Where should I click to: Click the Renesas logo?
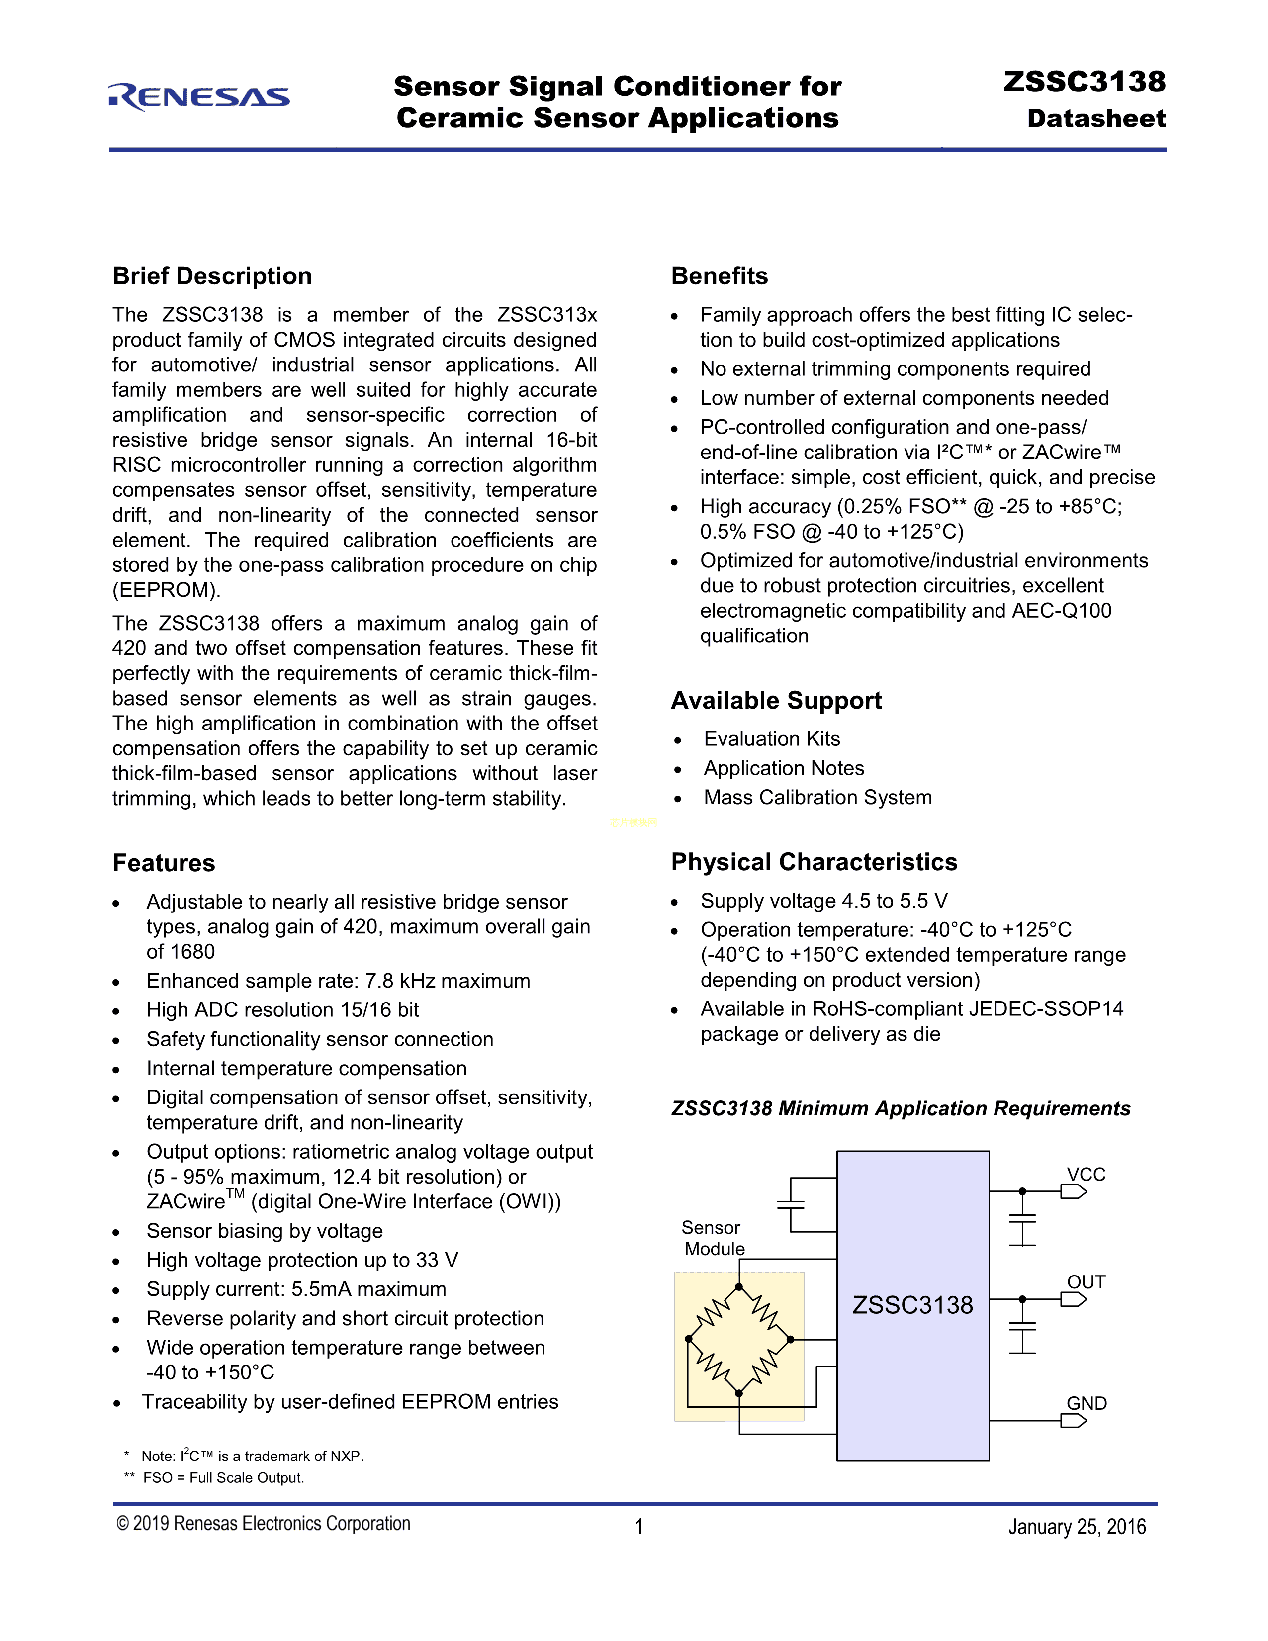point(199,97)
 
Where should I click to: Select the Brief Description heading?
point(212,276)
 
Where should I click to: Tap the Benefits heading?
point(719,276)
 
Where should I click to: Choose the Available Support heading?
point(776,700)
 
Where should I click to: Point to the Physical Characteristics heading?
point(814,861)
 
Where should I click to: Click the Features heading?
point(164,863)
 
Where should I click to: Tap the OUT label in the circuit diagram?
point(1086,1282)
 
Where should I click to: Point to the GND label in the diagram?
point(1086,1403)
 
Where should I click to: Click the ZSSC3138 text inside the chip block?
point(912,1305)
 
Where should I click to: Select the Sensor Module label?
point(713,1238)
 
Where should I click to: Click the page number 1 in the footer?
point(638,1527)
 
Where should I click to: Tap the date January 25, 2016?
point(1077,1527)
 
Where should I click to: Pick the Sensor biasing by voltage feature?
point(265,1231)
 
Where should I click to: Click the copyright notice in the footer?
point(263,1523)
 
